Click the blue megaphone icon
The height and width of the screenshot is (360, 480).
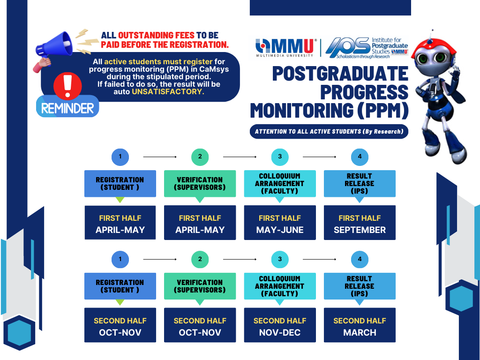pos(54,45)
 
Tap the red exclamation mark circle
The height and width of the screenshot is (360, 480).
pos(67,86)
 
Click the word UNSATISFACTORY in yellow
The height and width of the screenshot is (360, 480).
pos(168,91)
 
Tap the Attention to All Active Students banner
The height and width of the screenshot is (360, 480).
pos(329,132)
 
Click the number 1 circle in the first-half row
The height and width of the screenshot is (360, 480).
pos(120,157)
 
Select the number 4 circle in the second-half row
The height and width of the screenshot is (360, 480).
pos(360,259)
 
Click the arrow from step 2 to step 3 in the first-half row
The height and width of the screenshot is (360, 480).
pos(240,157)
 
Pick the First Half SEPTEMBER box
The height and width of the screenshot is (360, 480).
pos(360,223)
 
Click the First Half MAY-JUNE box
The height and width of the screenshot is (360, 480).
pos(280,223)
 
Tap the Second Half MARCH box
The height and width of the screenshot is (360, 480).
pos(360,325)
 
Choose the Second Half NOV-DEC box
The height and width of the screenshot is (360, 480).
pos(280,325)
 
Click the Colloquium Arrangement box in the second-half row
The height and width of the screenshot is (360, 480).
pos(280,286)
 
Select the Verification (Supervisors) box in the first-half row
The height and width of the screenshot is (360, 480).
pos(200,184)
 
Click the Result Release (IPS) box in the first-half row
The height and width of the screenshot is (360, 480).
pos(360,184)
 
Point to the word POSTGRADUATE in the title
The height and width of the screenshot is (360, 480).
pos(340,74)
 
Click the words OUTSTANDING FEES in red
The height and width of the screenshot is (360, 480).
pos(156,35)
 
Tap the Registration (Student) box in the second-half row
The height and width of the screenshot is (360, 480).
pos(120,286)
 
